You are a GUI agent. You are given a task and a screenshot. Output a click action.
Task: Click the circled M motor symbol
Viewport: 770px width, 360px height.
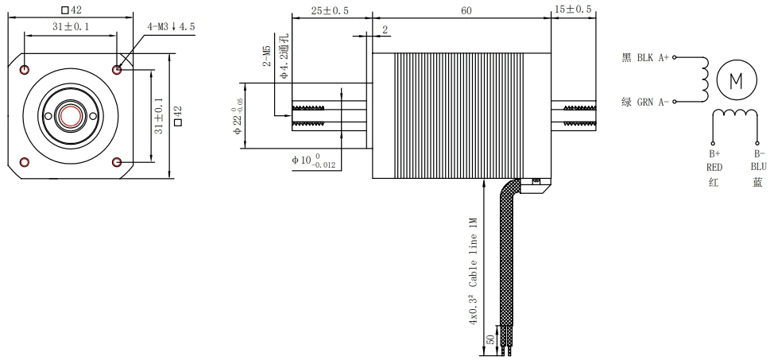coord(734,81)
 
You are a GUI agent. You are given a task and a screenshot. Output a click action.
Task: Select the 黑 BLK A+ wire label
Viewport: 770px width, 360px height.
coord(644,57)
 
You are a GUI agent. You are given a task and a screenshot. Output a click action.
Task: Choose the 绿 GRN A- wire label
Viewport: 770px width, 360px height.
coord(644,103)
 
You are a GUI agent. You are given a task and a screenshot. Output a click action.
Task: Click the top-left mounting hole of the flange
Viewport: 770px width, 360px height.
coord(25,69)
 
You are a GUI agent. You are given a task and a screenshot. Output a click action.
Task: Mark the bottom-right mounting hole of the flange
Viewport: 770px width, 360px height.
coord(118,162)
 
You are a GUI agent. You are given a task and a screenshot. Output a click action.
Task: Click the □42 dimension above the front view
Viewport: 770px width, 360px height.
coord(72,10)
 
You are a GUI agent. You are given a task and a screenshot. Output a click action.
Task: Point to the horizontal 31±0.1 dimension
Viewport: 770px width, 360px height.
coord(71,27)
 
